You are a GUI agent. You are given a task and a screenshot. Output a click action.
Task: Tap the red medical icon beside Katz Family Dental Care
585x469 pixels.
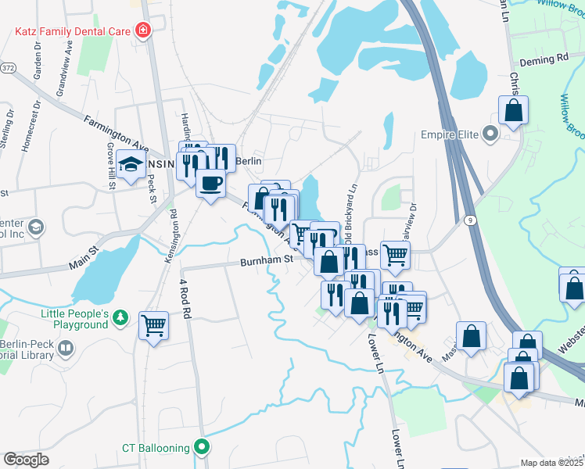pyautogui.click(x=142, y=31)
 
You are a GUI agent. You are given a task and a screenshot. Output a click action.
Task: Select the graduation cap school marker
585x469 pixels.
pyautogui.click(x=131, y=165)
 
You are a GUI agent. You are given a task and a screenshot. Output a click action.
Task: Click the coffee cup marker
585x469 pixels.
pyautogui.click(x=210, y=184)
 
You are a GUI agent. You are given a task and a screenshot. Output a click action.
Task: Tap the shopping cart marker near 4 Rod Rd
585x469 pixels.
pyautogui.click(x=153, y=324)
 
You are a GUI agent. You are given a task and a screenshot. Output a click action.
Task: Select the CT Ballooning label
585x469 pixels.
pyautogui.click(x=156, y=448)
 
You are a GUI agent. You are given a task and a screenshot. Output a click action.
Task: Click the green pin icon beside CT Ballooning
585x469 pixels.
pyautogui.click(x=203, y=448)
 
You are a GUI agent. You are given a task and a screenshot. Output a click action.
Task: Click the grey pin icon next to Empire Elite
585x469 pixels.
pyautogui.click(x=490, y=134)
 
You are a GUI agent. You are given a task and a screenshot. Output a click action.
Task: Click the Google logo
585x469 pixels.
pyautogui.click(x=26, y=460)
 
